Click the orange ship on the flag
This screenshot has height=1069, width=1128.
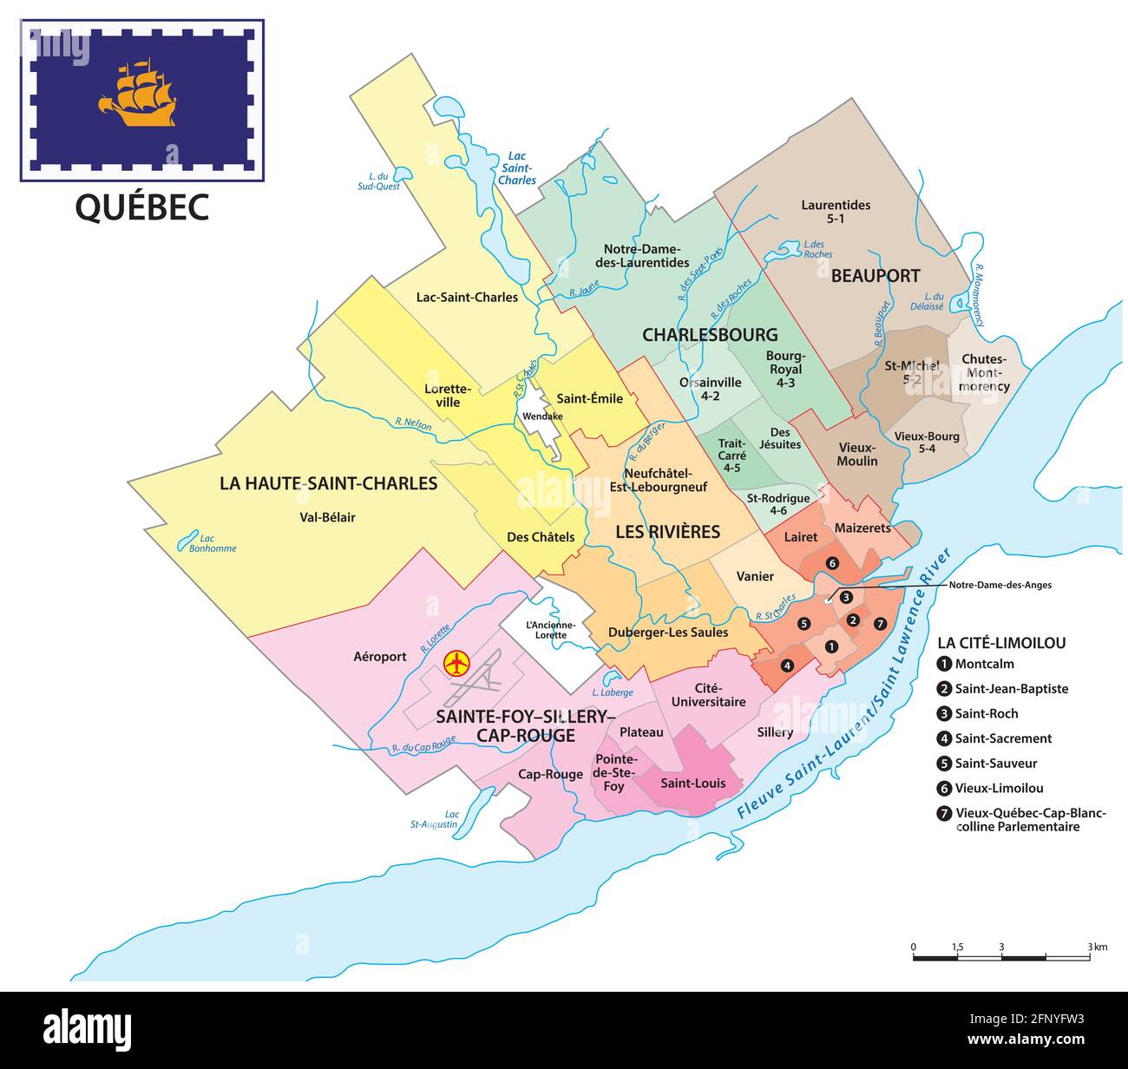click(x=138, y=92)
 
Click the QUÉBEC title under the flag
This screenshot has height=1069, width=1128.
click(x=141, y=207)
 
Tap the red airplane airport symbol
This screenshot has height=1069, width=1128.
click(x=456, y=664)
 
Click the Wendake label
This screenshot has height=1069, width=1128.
click(x=542, y=416)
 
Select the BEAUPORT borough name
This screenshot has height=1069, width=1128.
click(x=875, y=276)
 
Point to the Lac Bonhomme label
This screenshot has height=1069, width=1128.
click(x=212, y=543)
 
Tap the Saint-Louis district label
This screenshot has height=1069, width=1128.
click(x=692, y=783)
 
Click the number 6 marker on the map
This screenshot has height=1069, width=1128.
click(x=832, y=564)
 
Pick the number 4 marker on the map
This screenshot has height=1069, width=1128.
click(x=786, y=666)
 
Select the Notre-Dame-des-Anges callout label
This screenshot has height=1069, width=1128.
click(x=1000, y=585)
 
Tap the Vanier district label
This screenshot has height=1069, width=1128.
click(x=755, y=576)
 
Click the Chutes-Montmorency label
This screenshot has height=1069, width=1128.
click(x=984, y=372)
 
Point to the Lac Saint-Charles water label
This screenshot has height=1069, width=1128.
click(x=516, y=168)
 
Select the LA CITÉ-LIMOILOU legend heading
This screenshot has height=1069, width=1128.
click(x=1001, y=643)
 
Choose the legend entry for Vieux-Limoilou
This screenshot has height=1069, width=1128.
click(x=998, y=788)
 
